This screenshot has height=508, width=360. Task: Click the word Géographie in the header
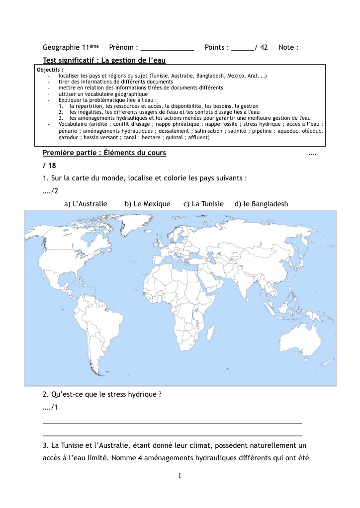[62, 47]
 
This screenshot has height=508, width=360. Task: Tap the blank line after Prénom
[167, 49]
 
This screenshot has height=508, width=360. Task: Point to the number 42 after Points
[264, 47]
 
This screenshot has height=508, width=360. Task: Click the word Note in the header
[287, 47]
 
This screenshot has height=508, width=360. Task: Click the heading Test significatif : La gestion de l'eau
[104, 60]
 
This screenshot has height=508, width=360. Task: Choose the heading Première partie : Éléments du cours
[104, 153]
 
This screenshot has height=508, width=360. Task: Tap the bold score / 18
[49, 166]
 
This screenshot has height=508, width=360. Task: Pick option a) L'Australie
[86, 204]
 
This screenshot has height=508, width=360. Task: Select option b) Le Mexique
[147, 204]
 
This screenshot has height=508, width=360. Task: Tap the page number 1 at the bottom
[180, 476]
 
